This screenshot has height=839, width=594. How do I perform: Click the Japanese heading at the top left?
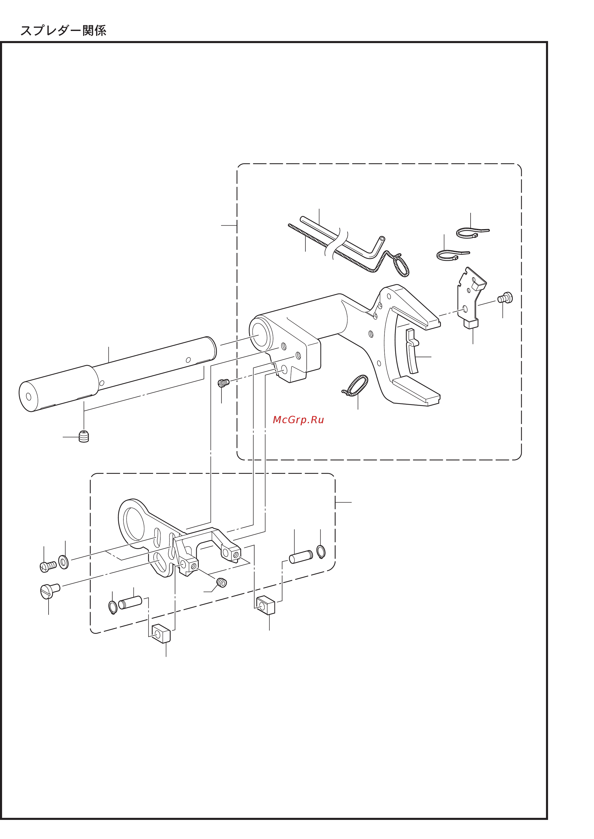(x=63, y=31)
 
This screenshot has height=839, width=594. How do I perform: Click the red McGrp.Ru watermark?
(x=298, y=420)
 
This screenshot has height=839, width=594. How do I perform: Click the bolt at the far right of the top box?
(x=505, y=298)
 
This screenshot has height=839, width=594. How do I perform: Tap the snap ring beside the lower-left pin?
(x=113, y=607)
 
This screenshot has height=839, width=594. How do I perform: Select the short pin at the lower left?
(x=130, y=602)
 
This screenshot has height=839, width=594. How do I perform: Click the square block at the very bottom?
(x=161, y=633)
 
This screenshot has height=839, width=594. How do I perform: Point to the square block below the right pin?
(x=266, y=605)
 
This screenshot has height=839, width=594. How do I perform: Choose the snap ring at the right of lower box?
(x=321, y=552)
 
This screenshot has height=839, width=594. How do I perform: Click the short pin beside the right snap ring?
(x=301, y=557)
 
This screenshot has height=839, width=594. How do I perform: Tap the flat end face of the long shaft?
(x=29, y=396)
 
